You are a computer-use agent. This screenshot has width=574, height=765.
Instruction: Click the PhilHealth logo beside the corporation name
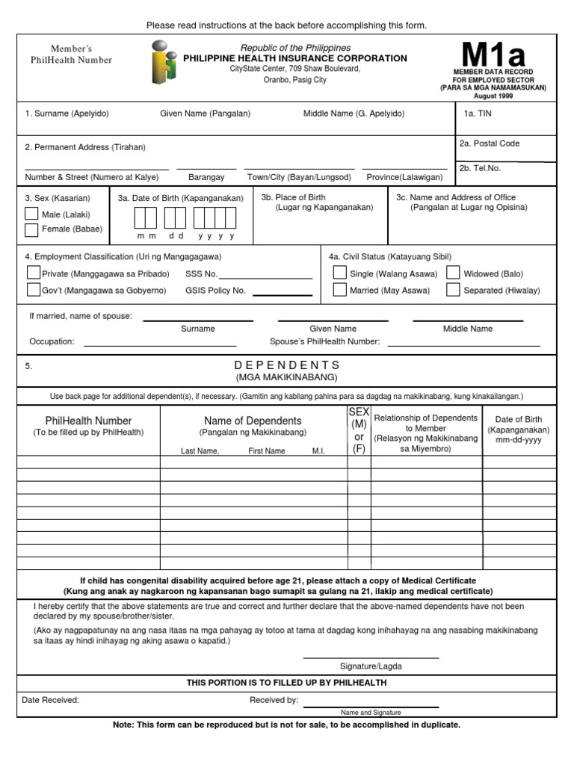(164, 63)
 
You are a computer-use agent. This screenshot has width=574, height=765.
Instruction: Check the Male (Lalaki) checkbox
(31, 214)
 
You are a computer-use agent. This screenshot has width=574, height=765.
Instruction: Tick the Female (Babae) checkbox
(31, 229)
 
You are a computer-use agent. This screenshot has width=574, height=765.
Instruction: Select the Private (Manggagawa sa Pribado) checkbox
(34, 273)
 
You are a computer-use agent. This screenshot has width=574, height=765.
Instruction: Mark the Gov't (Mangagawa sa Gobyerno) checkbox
(34, 290)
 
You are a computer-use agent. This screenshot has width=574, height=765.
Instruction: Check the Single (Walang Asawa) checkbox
(339, 273)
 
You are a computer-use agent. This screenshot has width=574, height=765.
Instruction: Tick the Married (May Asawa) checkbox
(339, 290)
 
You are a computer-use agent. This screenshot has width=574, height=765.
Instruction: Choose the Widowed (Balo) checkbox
(453, 273)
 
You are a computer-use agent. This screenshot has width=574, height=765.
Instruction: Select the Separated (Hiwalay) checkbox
(453, 290)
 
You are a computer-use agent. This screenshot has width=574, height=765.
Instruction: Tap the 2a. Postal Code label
(490, 143)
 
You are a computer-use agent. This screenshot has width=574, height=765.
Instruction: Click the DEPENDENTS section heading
(287, 365)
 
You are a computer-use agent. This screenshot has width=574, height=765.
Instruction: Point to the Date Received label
(51, 700)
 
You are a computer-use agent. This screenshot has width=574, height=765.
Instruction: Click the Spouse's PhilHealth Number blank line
(463, 344)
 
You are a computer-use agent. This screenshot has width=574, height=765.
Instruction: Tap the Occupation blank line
(160, 344)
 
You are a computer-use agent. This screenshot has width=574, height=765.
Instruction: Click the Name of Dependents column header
(253, 421)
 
